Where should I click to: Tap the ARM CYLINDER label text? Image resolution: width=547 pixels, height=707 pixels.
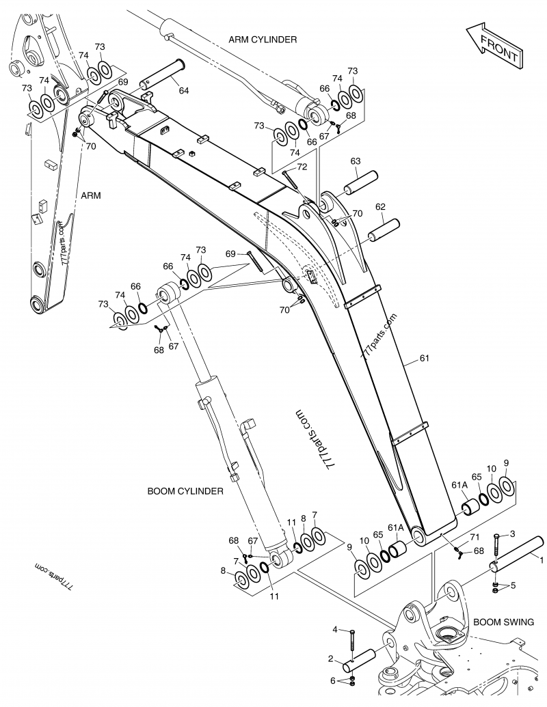pos(263,40)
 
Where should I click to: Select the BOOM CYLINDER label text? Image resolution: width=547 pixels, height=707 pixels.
pos(185,491)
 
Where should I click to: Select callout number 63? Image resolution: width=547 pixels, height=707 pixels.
pos(356,161)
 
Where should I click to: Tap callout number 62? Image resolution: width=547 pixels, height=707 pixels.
pos(381,206)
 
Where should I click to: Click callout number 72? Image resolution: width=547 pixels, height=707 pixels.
pos(302,167)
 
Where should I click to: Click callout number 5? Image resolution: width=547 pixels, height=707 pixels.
pos(513,585)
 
